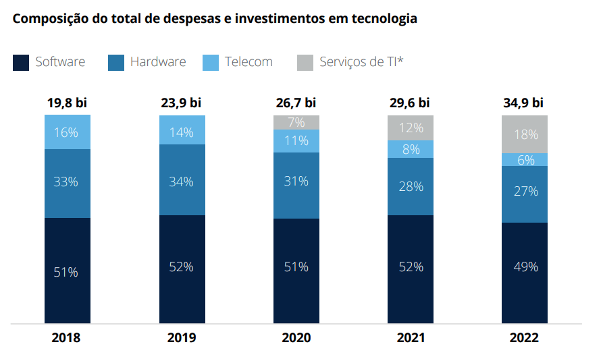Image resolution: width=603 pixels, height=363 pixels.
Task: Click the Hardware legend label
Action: tap(157, 62)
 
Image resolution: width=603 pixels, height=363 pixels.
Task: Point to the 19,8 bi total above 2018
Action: tap(67, 103)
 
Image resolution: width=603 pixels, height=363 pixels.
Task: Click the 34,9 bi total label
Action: tap(524, 103)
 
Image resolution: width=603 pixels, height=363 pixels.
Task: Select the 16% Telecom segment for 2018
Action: tap(67, 132)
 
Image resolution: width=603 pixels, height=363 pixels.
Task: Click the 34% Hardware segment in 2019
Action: tap(182, 181)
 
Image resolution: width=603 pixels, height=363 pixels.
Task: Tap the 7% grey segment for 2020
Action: tap(296, 122)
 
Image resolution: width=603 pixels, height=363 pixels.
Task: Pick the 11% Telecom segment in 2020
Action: tap(296, 141)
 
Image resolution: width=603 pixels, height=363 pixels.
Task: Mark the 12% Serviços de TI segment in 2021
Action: tap(411, 128)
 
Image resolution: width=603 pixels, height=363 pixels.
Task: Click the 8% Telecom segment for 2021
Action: tap(411, 149)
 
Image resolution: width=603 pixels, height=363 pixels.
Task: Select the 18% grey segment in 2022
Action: tap(525, 134)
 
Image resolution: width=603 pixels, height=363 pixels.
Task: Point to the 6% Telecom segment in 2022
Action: tap(525, 160)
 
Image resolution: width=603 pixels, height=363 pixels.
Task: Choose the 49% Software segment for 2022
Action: tap(525, 267)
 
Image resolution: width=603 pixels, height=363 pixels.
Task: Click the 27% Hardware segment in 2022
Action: tap(525, 192)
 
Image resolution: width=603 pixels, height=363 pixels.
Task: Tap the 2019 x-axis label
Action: tap(182, 338)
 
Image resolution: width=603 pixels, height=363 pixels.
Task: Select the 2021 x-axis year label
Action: tap(411, 338)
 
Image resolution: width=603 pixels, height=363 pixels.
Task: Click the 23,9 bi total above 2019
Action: tap(182, 103)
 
